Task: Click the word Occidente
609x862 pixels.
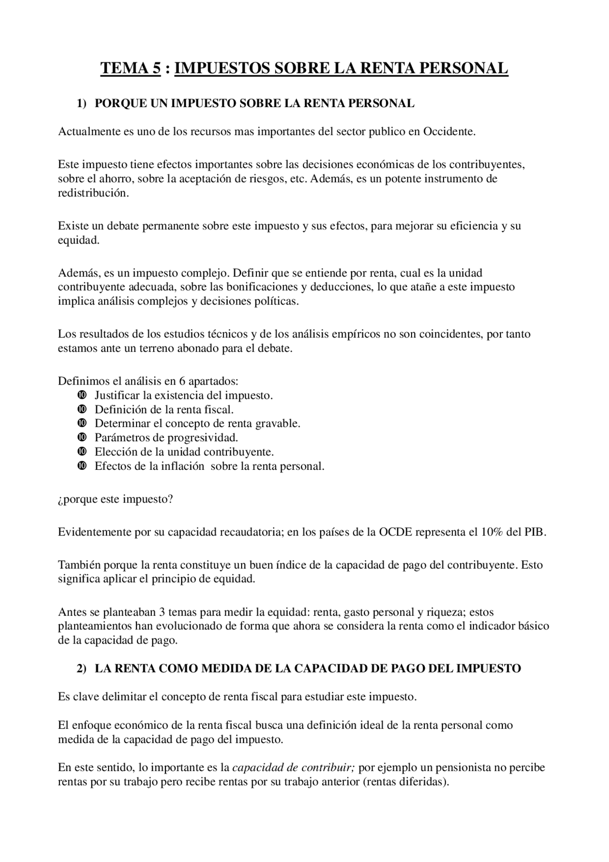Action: [449, 131]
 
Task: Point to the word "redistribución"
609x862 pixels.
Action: [93, 193]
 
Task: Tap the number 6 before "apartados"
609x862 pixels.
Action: [182, 381]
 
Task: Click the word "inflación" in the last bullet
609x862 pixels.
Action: [181, 466]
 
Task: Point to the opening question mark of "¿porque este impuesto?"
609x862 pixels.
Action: [60, 499]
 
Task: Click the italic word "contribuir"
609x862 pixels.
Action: [328, 767]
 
